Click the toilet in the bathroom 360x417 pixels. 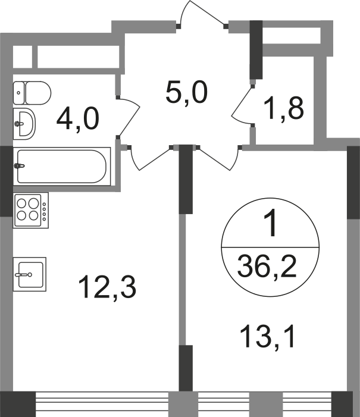(x=32, y=93)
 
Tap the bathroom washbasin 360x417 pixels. (x=24, y=124)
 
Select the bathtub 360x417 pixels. (x=62, y=166)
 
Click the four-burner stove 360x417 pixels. (x=31, y=210)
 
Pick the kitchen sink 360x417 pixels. (x=30, y=274)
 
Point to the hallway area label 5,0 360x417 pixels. (x=186, y=93)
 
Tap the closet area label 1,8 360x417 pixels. (x=283, y=108)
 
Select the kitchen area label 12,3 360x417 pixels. (x=107, y=287)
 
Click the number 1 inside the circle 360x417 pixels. (x=270, y=223)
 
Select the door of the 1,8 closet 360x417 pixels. (x=241, y=105)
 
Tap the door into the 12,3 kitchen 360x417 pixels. (x=149, y=158)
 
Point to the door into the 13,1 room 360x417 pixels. (x=219, y=158)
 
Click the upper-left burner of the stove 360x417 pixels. (x=21, y=203)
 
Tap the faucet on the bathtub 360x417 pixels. (x=19, y=166)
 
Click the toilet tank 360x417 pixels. (x=18, y=93)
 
